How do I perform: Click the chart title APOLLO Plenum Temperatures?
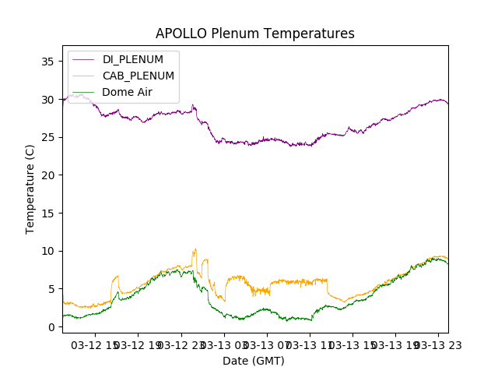[x=254, y=34]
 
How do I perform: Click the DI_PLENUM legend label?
[x=133, y=59]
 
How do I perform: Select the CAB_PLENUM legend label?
[x=138, y=76]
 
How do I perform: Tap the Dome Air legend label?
[x=128, y=92]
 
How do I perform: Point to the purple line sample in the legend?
[x=83, y=59]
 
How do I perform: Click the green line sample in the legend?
[x=83, y=92]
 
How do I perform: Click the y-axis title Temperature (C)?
[x=30, y=189]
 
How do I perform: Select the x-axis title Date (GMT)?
[x=254, y=361]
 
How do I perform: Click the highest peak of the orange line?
[x=195, y=249]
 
